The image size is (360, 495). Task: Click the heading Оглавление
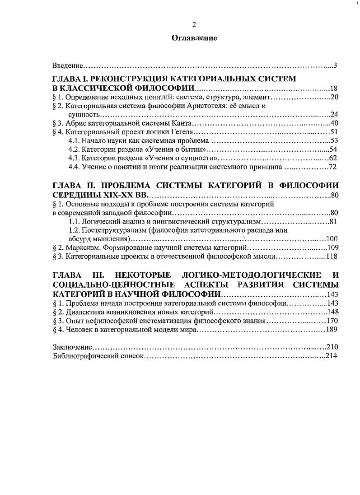point(194,38)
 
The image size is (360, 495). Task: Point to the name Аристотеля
point(206,106)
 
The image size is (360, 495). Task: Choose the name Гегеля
point(182,132)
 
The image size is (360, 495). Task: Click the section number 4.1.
point(75,140)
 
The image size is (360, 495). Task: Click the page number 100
point(332,238)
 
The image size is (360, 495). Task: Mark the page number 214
point(332,355)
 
